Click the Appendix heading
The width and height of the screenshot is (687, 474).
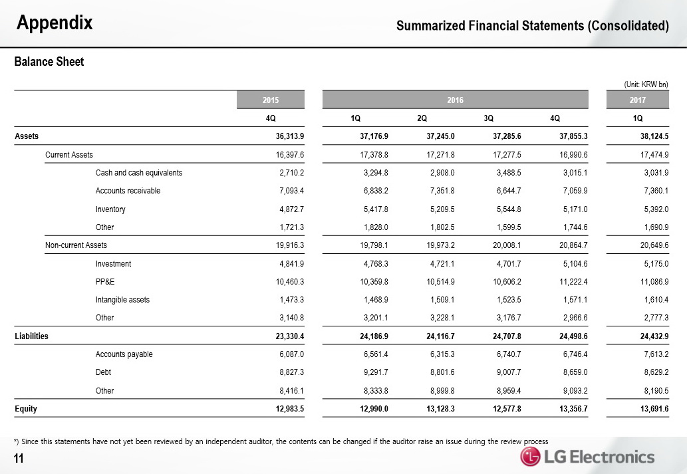point(55,24)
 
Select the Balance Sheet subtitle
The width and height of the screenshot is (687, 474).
point(49,62)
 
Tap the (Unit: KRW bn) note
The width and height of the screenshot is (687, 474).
point(645,84)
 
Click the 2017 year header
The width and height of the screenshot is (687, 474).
point(638,100)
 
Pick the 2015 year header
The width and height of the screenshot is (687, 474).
point(271,100)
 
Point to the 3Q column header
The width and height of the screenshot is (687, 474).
point(488,118)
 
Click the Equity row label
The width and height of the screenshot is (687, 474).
point(26,408)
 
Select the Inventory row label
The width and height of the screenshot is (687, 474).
point(110,209)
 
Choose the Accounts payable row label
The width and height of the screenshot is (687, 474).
point(124,354)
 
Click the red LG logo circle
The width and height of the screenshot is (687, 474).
point(530,457)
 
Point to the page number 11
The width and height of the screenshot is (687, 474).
point(19,457)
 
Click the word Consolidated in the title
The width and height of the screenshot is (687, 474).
point(628,27)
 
